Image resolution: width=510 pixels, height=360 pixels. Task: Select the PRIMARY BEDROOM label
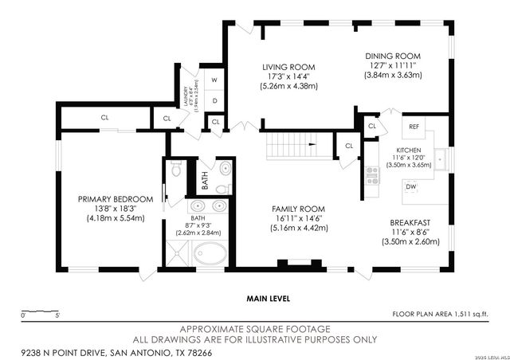(x=115, y=199)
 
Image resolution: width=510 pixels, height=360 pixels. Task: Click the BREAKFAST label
(x=410, y=223)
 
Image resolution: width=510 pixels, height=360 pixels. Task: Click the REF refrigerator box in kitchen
(x=414, y=127)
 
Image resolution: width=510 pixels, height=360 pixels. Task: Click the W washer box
(x=214, y=80)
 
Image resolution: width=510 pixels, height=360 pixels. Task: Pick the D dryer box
(x=214, y=100)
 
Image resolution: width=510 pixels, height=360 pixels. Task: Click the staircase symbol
(x=291, y=146)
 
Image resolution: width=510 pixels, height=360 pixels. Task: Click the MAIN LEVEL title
(x=269, y=299)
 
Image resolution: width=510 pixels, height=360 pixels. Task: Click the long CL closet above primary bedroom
(x=105, y=118)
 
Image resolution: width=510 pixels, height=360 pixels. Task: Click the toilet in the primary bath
(x=176, y=170)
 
